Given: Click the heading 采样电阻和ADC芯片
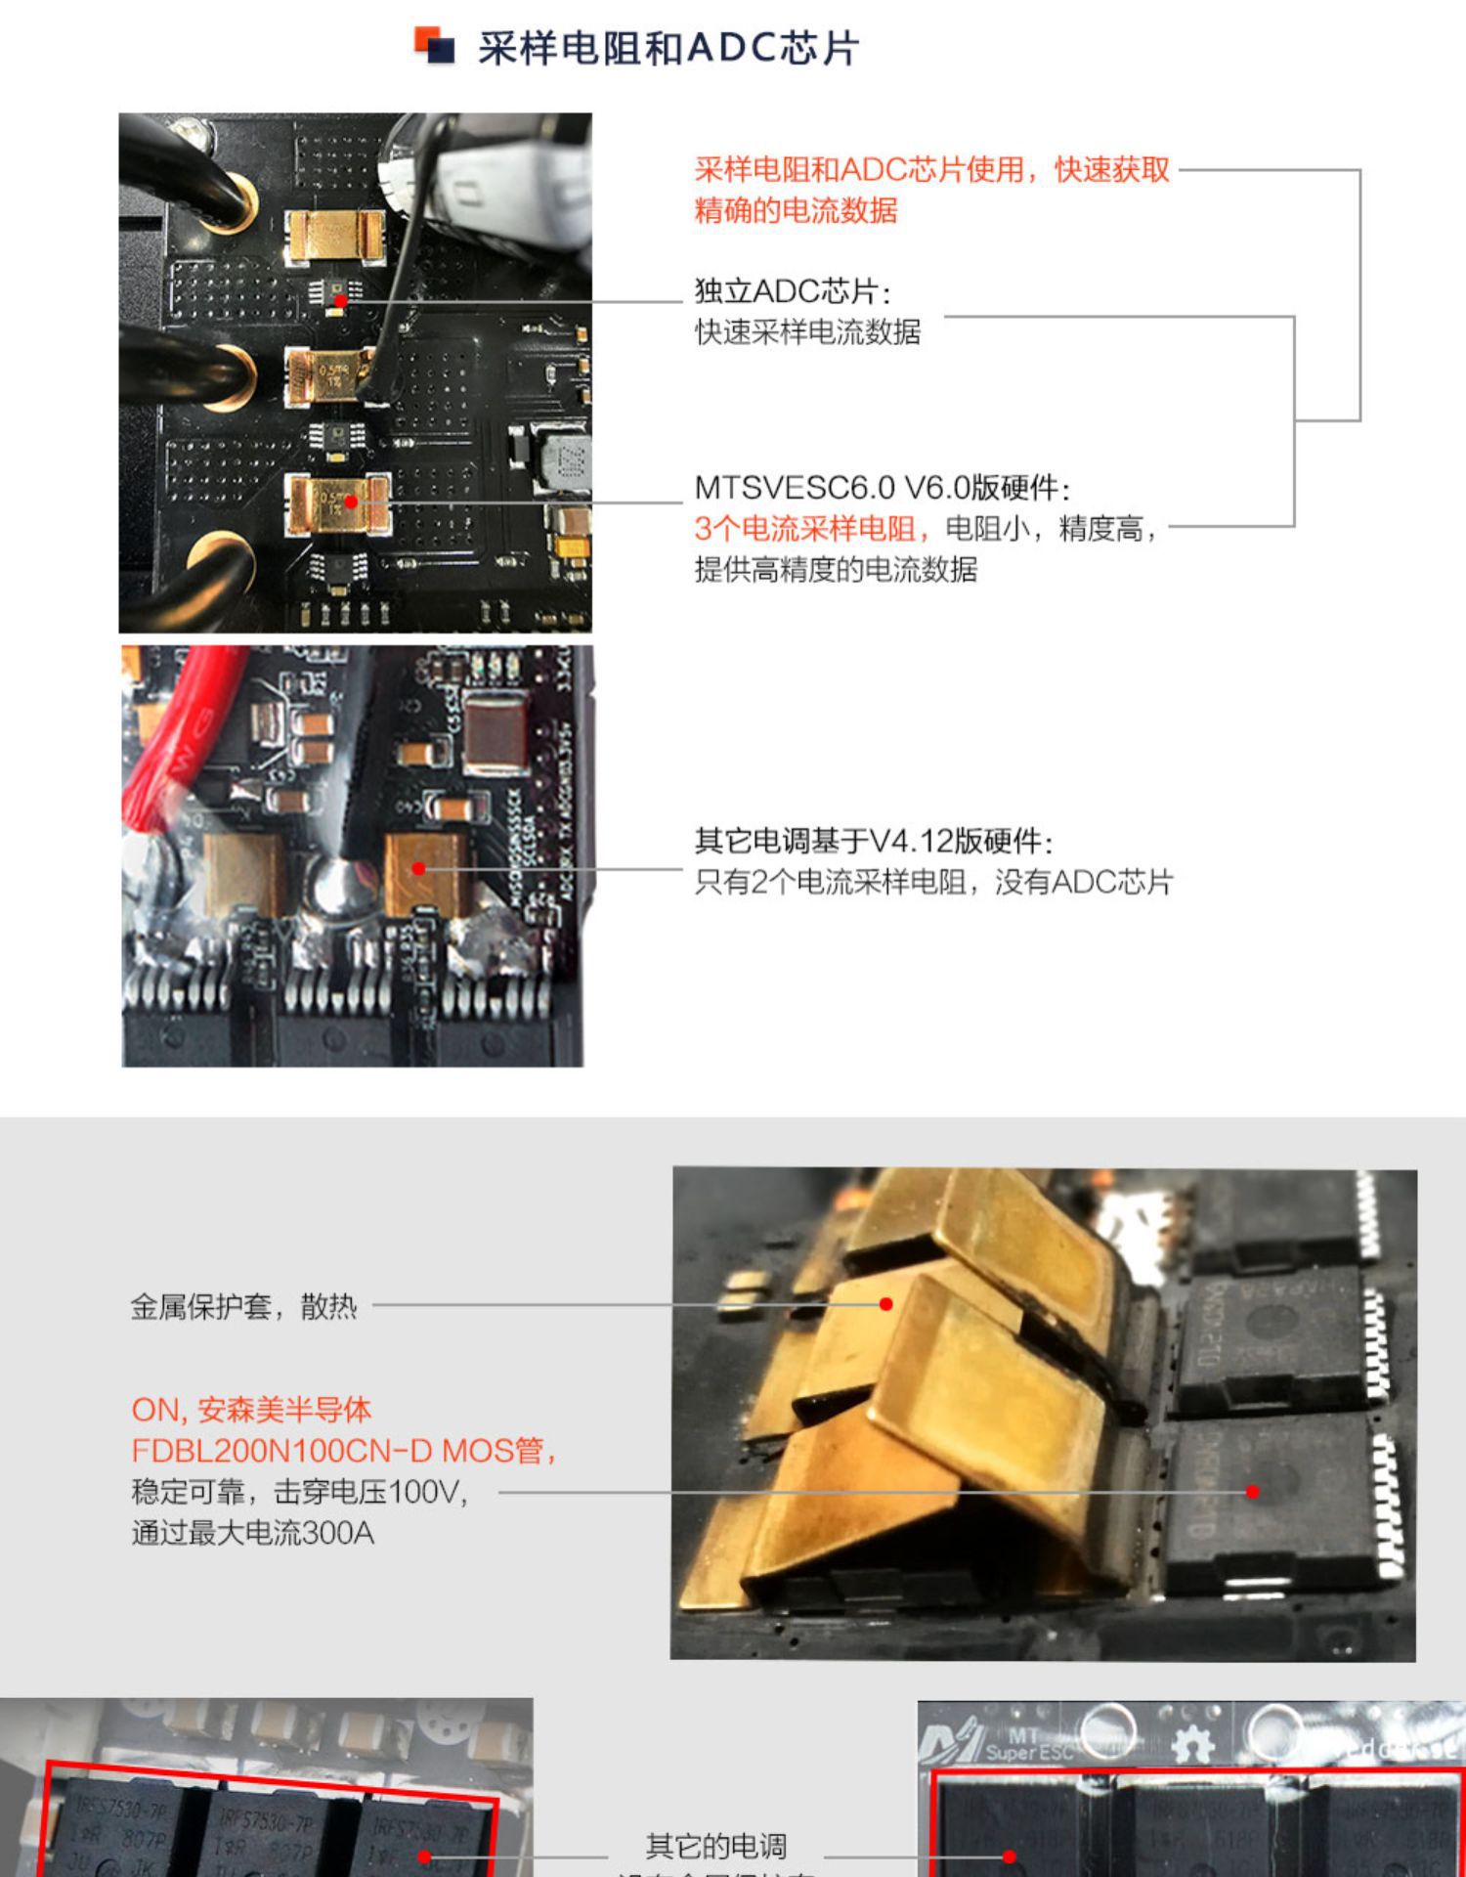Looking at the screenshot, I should point(668,48).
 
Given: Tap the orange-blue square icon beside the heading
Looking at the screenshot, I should point(435,45).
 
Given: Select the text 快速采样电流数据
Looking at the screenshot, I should point(807,332).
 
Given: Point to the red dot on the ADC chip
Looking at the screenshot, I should point(340,300).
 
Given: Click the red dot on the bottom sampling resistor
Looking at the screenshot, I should point(351,502).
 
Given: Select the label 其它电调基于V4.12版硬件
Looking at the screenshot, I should point(873,841).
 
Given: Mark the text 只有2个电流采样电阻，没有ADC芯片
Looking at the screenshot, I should point(933,882).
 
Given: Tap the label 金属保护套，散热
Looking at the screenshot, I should point(244,1306).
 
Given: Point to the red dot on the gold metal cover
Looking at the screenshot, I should point(886,1304).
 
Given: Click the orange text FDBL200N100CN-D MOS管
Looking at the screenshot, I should point(343,1450).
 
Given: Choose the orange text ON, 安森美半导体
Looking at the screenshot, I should point(251,1410).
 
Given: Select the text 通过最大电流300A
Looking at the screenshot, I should point(253,1532).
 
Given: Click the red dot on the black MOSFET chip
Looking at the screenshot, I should point(1253,1492).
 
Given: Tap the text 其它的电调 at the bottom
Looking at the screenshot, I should point(716,1846).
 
